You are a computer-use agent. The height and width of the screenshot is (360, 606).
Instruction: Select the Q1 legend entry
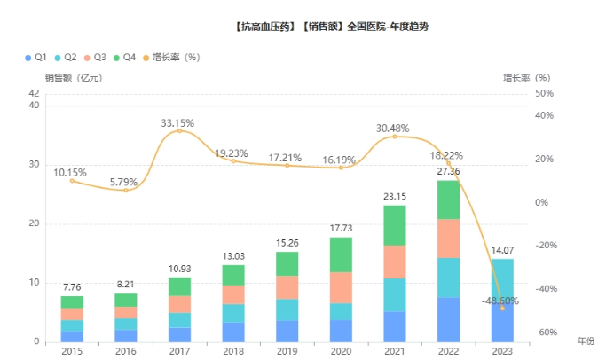click(x=36, y=57)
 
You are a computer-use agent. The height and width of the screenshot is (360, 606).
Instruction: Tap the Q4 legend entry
click(x=124, y=57)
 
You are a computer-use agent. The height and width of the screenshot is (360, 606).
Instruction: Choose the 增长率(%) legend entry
click(x=170, y=57)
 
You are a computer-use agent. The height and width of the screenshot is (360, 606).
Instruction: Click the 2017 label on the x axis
click(x=179, y=351)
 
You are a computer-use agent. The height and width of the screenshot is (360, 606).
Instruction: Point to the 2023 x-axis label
click(x=502, y=351)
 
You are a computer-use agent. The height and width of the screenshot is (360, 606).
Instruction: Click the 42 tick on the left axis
click(x=34, y=93)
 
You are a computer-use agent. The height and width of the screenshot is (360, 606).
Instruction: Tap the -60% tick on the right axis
click(x=544, y=332)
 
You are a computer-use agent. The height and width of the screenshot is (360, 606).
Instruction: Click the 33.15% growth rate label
click(x=178, y=122)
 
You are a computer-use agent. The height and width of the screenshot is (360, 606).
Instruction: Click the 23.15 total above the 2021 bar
click(x=395, y=196)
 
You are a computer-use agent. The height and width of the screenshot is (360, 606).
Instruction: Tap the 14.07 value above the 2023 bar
click(x=502, y=250)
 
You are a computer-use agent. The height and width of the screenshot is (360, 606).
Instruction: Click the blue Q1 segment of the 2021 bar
click(x=395, y=326)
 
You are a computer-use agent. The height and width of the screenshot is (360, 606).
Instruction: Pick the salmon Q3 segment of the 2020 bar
click(x=341, y=287)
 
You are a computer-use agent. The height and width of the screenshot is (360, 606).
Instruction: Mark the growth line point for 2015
click(x=72, y=181)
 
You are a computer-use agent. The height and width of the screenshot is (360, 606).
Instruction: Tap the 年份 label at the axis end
click(x=586, y=340)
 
